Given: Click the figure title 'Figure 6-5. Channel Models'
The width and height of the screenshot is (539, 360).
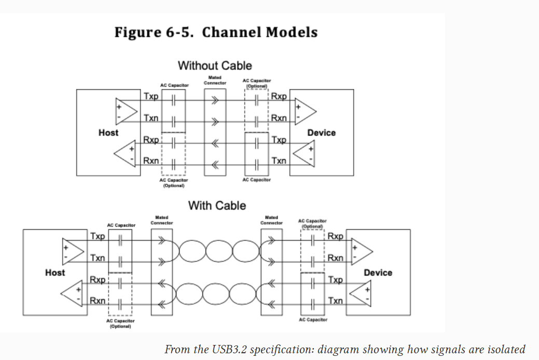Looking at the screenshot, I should (x=216, y=32).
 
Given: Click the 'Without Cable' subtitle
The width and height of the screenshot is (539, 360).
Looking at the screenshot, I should (x=215, y=66).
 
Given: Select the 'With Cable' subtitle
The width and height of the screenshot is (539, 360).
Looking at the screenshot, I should (x=217, y=205).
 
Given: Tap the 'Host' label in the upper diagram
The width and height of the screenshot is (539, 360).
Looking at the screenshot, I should (x=108, y=133).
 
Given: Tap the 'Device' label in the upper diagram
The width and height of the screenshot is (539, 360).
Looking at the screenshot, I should (x=321, y=133).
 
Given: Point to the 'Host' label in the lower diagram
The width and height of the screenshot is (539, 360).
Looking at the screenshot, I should (x=55, y=272).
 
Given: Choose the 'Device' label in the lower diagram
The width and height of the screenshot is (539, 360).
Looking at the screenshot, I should (x=378, y=272).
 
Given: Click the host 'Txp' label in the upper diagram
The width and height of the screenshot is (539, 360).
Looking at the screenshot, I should (x=151, y=97).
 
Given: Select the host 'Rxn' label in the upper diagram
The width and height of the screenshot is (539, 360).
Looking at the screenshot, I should (x=151, y=161).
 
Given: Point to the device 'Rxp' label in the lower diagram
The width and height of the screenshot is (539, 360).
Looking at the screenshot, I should (x=336, y=237).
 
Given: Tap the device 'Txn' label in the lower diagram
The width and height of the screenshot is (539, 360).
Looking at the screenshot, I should (x=336, y=301).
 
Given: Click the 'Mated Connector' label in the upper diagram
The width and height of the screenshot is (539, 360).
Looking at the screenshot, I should (x=215, y=80).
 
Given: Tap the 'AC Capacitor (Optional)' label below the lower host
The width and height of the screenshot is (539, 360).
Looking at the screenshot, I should (x=120, y=324).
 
